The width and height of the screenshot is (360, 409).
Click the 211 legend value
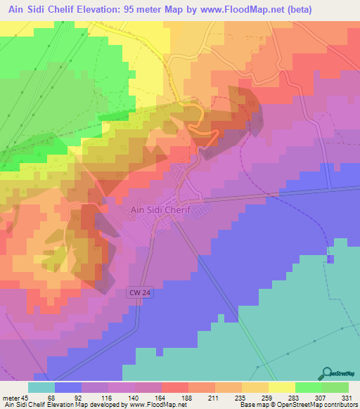pos(214,398)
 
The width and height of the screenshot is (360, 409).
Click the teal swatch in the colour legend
pos(41,387)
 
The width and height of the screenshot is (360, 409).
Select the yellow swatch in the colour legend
pos(281,387)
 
